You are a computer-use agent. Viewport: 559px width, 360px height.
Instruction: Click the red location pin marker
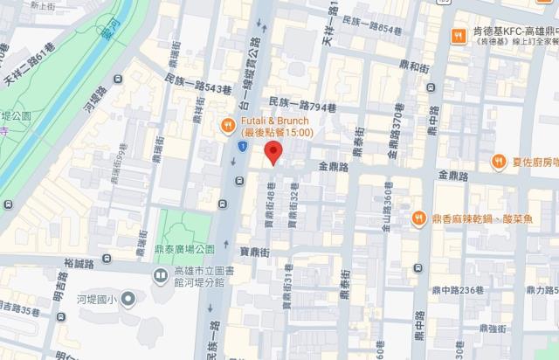(x=274, y=154)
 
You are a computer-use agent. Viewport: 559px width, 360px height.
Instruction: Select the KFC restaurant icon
(x=457, y=35)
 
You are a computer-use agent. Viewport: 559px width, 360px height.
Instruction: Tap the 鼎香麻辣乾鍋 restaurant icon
(x=419, y=218)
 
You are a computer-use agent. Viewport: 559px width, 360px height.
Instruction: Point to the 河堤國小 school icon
(x=128, y=301)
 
